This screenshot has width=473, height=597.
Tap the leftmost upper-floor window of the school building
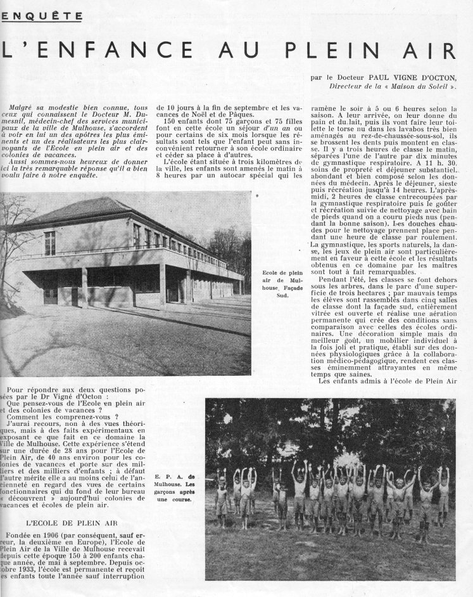pyautogui.click(x=49, y=243)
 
